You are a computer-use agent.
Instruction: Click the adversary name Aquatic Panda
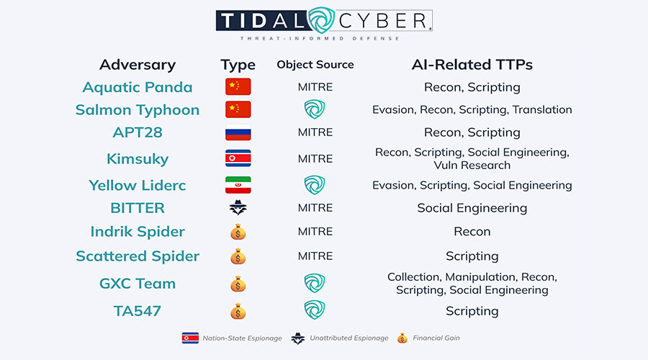138,87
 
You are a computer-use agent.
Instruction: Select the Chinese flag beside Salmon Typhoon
238,109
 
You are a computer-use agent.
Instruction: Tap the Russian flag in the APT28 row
238,133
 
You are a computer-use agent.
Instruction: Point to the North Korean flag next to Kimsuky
238,158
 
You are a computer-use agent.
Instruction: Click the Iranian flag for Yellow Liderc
238,185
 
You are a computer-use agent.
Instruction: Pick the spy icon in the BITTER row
238,208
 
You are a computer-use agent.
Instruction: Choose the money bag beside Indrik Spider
238,232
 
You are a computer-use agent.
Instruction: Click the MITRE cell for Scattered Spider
315,256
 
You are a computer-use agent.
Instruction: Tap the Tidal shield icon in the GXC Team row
315,284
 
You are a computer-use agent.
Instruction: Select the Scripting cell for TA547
472,311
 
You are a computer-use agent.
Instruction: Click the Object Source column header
315,65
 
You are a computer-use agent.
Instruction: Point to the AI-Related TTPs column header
472,65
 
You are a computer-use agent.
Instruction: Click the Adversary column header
138,65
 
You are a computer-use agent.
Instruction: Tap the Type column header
238,65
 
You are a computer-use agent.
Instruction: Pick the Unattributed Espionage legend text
348,337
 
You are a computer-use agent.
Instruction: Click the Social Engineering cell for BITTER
472,208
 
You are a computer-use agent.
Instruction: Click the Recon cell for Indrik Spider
472,232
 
